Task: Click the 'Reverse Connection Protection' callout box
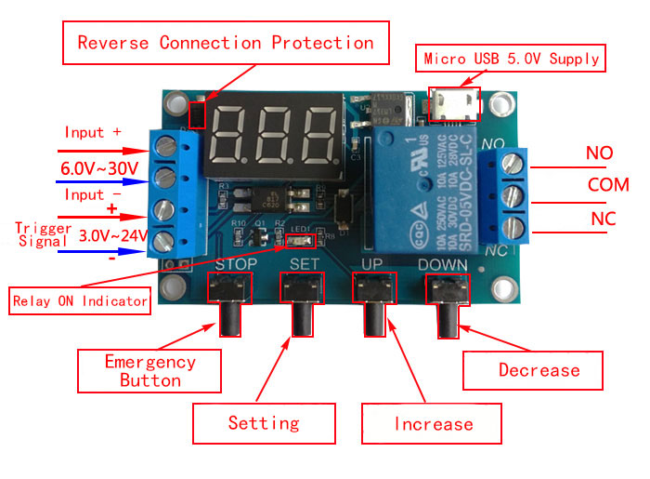(x=226, y=43)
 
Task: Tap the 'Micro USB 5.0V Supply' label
(x=512, y=59)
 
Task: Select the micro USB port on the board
(x=455, y=103)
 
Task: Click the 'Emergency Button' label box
(x=149, y=370)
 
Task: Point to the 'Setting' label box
(x=264, y=423)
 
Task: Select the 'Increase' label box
(x=433, y=424)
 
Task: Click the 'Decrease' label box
(x=539, y=370)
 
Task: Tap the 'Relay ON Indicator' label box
(x=80, y=300)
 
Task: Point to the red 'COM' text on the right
(x=608, y=184)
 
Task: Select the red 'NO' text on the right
(x=600, y=152)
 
